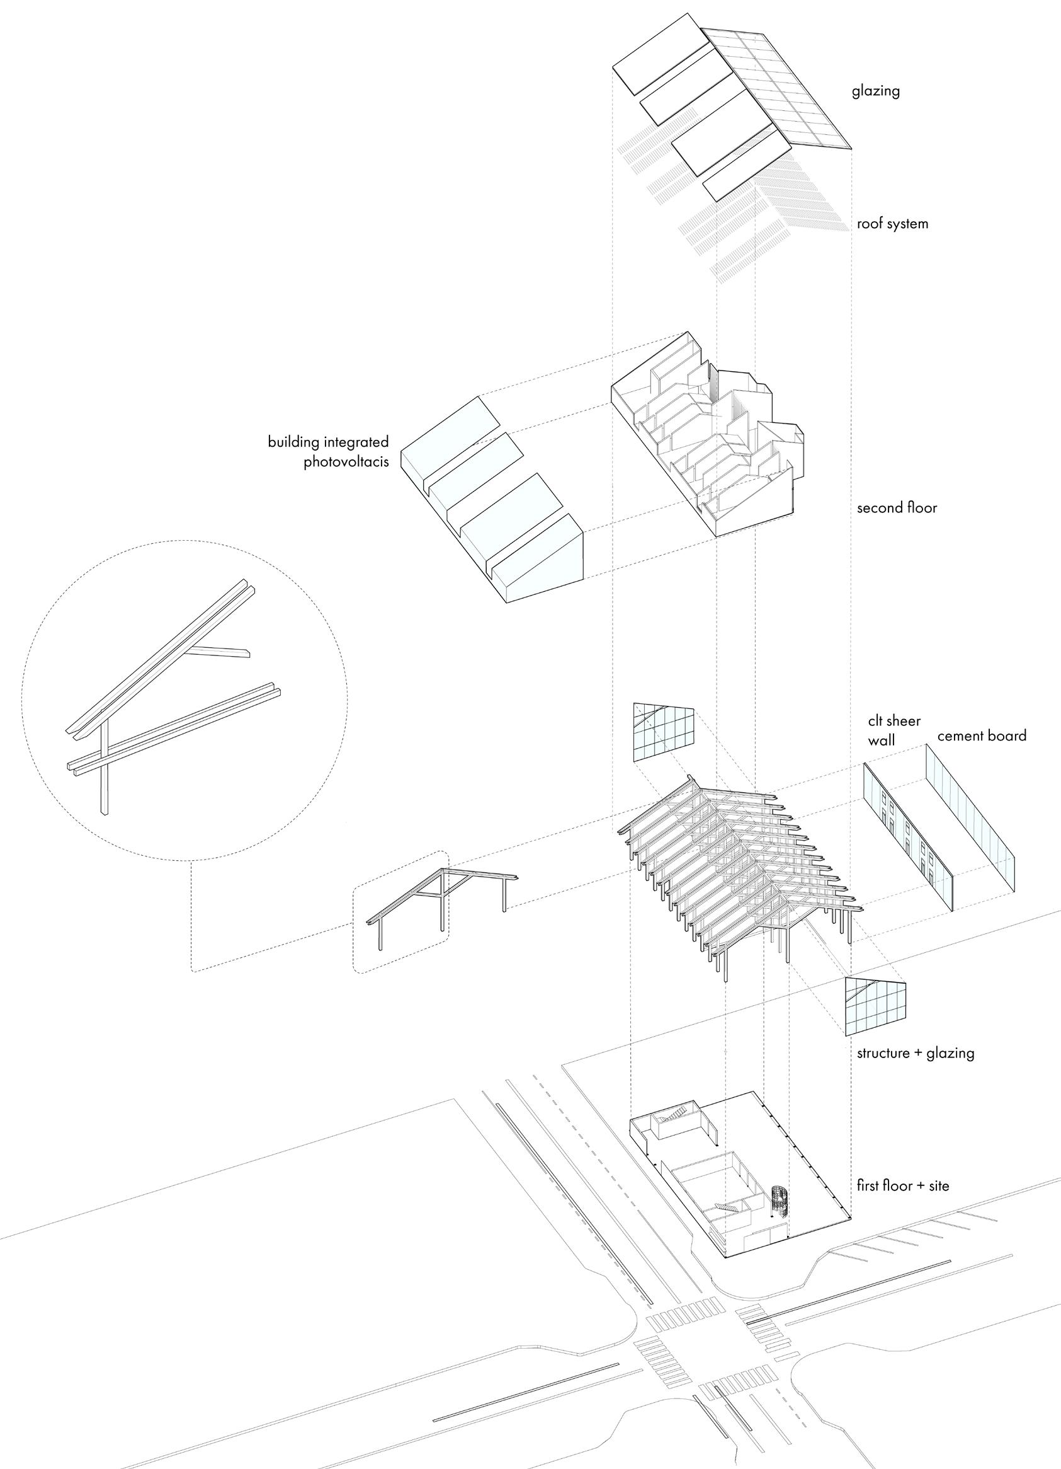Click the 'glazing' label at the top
[875, 91]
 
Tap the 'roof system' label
[892, 224]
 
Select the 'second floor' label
[897, 507]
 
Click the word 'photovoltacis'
[346, 464]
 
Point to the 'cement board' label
[982, 736]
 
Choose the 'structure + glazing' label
[916, 1052]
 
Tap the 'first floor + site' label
[902, 1186]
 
